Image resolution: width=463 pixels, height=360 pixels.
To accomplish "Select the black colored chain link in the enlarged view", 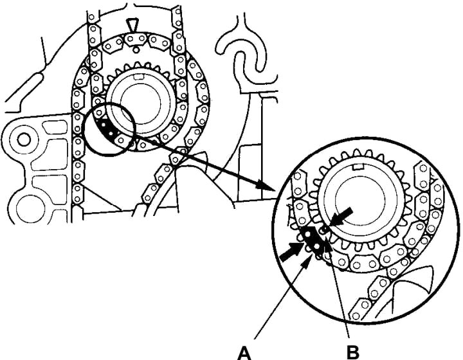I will (x=313, y=240).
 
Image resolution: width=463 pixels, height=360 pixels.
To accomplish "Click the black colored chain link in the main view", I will (x=106, y=127).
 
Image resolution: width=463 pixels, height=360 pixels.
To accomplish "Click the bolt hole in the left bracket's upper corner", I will (x=24, y=137).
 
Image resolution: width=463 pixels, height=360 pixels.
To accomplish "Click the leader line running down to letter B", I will (x=340, y=289).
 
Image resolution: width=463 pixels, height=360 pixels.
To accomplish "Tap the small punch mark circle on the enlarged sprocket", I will (x=326, y=227).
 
